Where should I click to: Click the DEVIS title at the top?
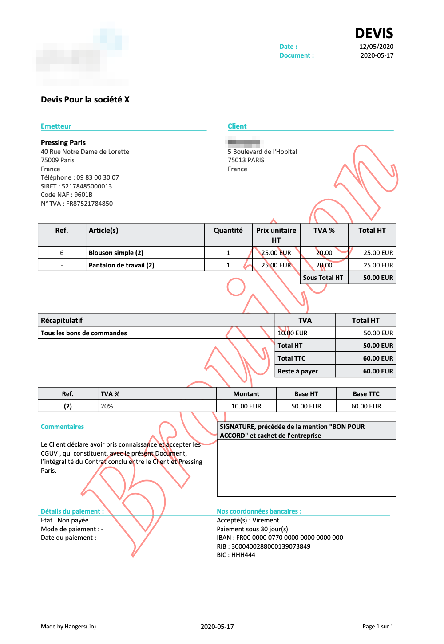tap(374, 33)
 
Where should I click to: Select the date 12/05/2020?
tap(376, 47)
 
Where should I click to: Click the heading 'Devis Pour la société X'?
tap(85, 99)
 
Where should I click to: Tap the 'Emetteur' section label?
tap(56, 126)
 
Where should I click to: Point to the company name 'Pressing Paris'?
tap(63, 142)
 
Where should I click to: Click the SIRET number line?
tap(76, 186)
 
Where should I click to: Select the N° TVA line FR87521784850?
tap(77, 204)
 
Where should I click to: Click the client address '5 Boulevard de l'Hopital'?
tap(262, 152)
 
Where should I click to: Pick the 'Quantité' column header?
tap(228, 231)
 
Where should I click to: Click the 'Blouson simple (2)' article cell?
tap(116, 253)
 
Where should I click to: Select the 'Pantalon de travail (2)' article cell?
tap(121, 265)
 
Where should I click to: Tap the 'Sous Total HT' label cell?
tap(323, 278)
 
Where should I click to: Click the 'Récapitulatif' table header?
tap(62, 320)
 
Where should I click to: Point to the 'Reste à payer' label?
tap(297, 371)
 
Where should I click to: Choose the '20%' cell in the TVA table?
tap(107, 406)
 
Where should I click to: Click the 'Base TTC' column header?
tap(366, 394)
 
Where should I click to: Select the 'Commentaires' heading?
tap(62, 427)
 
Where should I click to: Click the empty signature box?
tap(306, 468)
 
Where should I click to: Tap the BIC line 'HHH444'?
tap(236, 555)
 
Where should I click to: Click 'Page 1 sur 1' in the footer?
tap(378, 627)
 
